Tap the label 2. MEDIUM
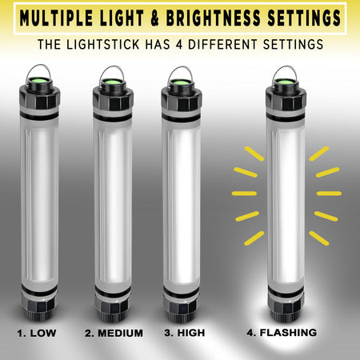[116, 332]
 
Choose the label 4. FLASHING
[282, 331]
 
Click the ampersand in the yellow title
[159, 16]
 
